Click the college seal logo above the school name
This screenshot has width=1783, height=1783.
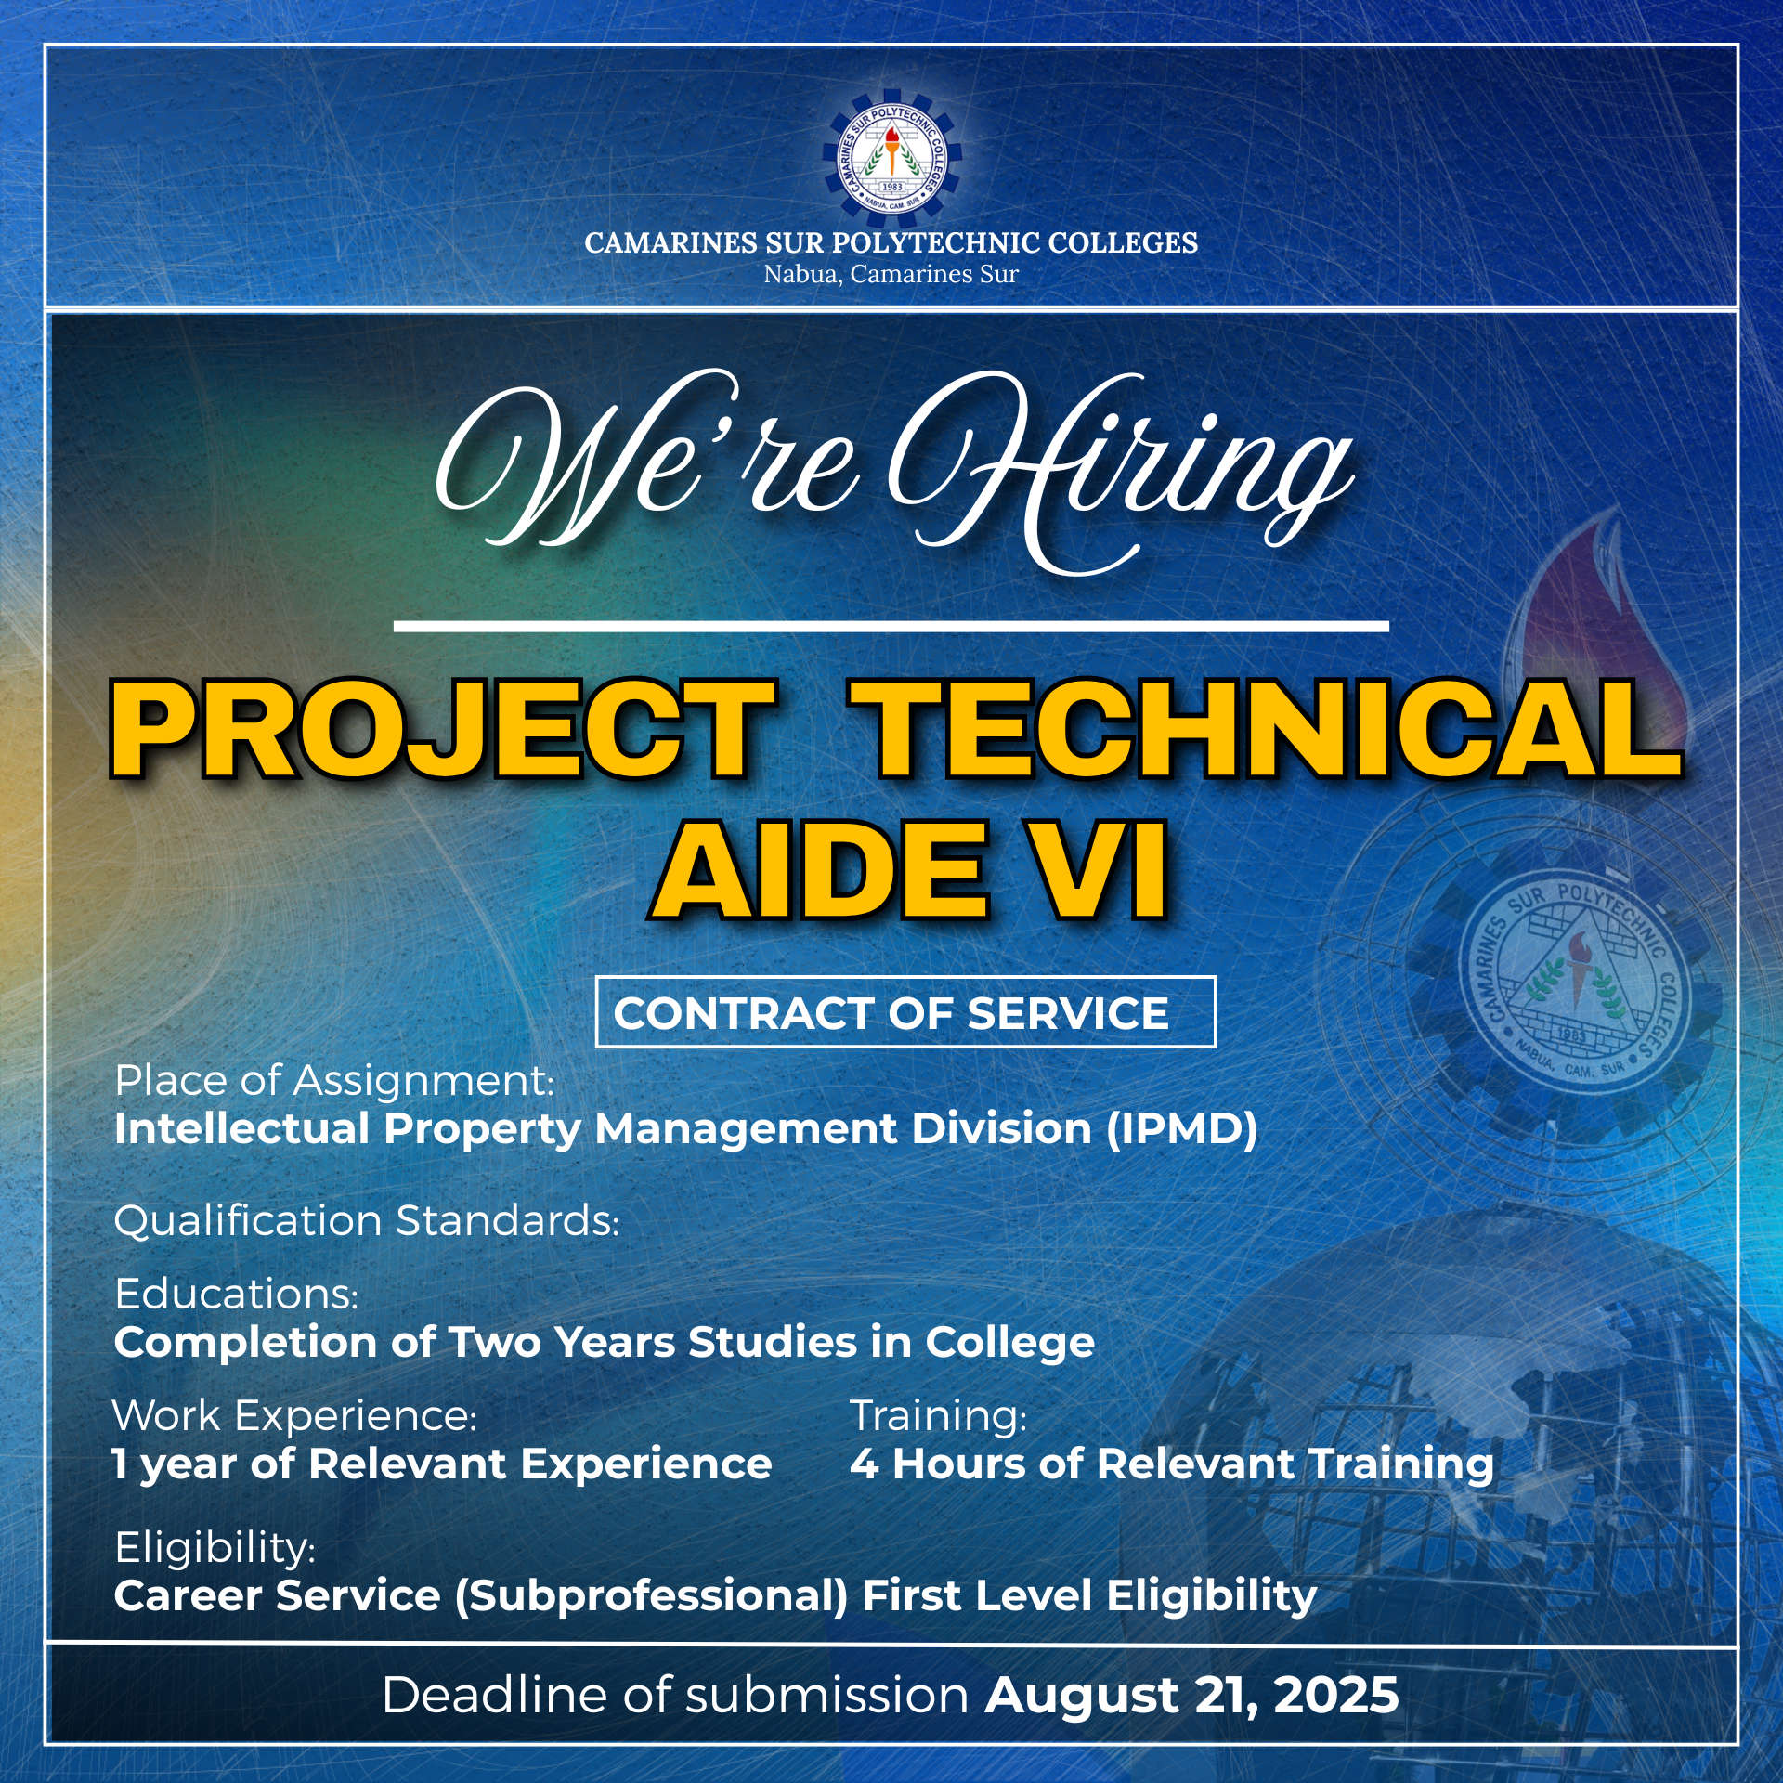tap(891, 158)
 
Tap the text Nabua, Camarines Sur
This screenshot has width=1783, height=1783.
tap(891, 275)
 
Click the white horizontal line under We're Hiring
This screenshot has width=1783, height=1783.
tap(891, 627)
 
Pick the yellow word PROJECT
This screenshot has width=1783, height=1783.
tap(443, 729)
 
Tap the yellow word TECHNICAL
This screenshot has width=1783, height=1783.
tap(1267, 729)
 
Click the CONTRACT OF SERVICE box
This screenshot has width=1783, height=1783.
tap(905, 1012)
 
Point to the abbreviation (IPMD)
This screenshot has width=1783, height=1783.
tap(1181, 1129)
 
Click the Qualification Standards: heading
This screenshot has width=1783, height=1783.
tap(366, 1221)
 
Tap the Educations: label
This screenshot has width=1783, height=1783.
tap(237, 1294)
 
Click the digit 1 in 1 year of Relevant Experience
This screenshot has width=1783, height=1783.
tap(120, 1464)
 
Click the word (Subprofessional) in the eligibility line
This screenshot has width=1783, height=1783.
tap(651, 1596)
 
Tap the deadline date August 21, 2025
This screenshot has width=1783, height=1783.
tap(1192, 1696)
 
